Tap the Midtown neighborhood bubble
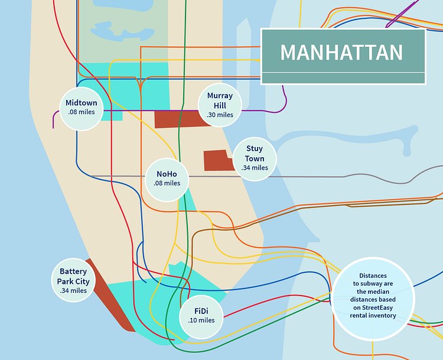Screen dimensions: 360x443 pyautogui.click(x=82, y=107)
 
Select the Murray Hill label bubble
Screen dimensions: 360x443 pyautogui.click(x=220, y=105)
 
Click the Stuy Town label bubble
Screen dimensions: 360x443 pyautogui.click(x=255, y=158)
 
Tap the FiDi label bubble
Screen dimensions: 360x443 pyautogui.click(x=201, y=315)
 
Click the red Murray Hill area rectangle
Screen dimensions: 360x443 pyautogui.click(x=177, y=119)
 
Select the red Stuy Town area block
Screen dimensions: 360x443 pyautogui.click(x=217, y=160)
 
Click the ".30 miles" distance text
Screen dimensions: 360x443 pyautogui.click(x=220, y=115)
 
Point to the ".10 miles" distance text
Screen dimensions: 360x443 pyautogui.click(x=201, y=320)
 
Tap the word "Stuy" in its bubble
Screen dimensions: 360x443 pyautogui.click(x=255, y=149)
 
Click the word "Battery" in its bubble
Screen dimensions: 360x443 pyautogui.click(x=73, y=272)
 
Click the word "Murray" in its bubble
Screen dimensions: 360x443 pyautogui.click(x=220, y=96)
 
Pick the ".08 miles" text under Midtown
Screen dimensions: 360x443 pyautogui.click(x=82, y=112)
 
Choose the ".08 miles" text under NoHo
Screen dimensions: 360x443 pyautogui.click(x=168, y=183)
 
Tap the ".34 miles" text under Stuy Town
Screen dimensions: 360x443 pyautogui.click(x=255, y=168)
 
